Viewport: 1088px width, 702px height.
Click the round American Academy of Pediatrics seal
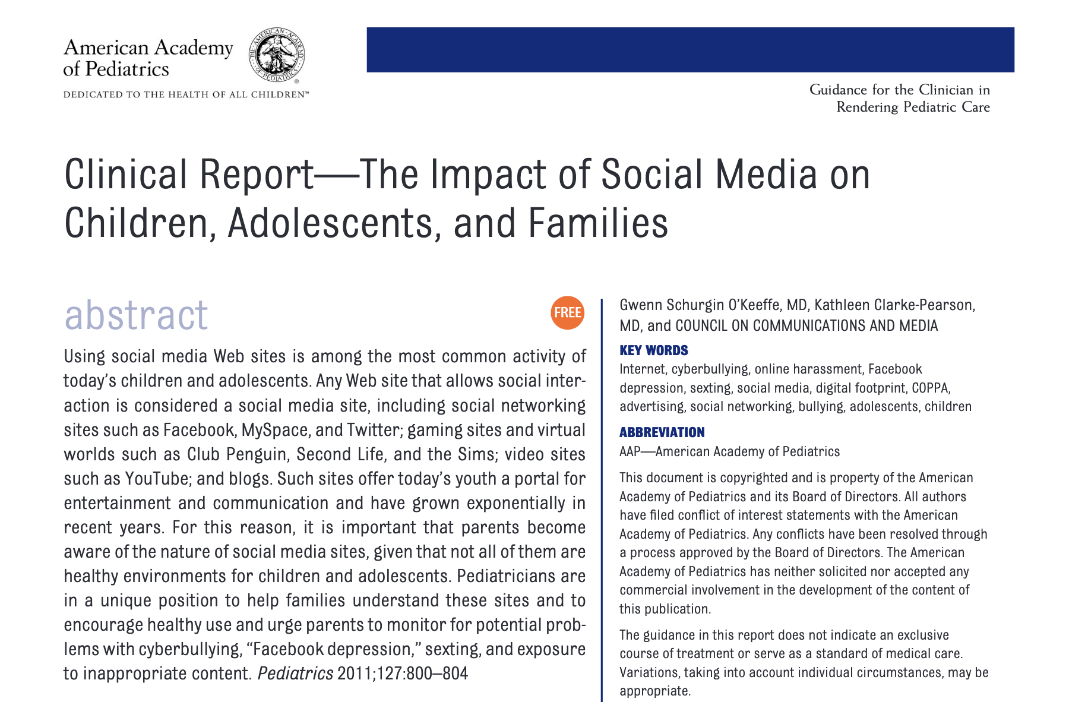click(x=276, y=56)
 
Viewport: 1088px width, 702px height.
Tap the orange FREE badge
click(x=567, y=312)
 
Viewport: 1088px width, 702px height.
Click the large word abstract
click(x=136, y=315)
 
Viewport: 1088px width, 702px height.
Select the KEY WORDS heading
click(x=653, y=350)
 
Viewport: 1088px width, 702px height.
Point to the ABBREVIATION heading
click(x=662, y=432)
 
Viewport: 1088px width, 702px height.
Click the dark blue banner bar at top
click(x=690, y=50)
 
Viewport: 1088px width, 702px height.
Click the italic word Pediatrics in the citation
click(x=295, y=674)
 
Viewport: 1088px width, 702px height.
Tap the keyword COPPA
click(x=931, y=388)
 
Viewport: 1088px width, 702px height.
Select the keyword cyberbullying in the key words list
click(x=710, y=369)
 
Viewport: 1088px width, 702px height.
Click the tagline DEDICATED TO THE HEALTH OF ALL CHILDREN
click(x=186, y=95)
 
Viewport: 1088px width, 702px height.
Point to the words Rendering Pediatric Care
click(x=913, y=107)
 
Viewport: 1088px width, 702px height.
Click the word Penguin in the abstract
click(x=261, y=454)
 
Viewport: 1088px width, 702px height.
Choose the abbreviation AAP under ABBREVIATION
click(x=630, y=452)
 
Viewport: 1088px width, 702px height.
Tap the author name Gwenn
click(x=640, y=305)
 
